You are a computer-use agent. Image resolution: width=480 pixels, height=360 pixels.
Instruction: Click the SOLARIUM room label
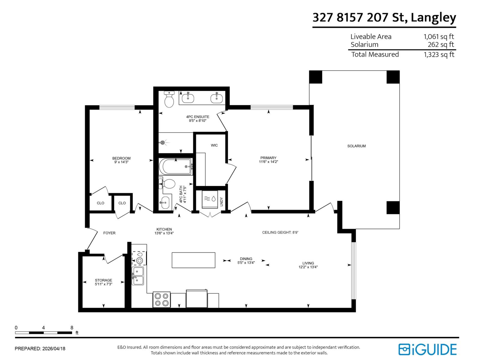pyautogui.click(x=356, y=146)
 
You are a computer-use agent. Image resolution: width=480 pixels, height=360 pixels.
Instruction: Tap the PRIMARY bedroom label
pyautogui.click(x=268, y=158)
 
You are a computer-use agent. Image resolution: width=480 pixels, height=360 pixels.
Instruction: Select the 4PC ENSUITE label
pyautogui.click(x=197, y=117)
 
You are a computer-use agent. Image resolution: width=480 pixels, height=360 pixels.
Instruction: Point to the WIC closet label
pyautogui.click(x=214, y=145)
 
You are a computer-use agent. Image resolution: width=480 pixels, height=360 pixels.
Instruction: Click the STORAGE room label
pyautogui.click(x=103, y=280)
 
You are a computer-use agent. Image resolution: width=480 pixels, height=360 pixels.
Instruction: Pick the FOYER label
pyautogui.click(x=109, y=233)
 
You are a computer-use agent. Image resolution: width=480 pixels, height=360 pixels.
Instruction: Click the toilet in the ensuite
pyautogui.click(x=169, y=100)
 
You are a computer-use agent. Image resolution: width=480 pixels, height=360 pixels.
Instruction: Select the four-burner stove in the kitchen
pyautogui.click(x=161, y=299)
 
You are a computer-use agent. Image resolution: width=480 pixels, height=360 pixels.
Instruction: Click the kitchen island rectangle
pyautogui.click(x=193, y=260)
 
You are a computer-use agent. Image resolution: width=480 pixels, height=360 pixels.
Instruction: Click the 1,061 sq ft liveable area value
pyautogui.click(x=439, y=37)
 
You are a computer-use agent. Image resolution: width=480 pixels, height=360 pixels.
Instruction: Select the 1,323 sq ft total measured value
pyautogui.click(x=439, y=55)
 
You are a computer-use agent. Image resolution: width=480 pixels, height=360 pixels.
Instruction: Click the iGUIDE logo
pyautogui.click(x=427, y=349)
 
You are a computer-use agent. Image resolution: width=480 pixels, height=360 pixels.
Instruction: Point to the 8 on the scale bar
pyautogui.click(x=72, y=328)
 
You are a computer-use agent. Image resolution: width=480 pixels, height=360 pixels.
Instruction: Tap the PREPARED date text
pyautogui.click(x=40, y=349)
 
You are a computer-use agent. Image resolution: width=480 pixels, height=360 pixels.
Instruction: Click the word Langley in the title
pyautogui.click(x=433, y=17)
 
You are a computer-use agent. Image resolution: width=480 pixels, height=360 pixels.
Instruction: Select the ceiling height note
pyautogui.click(x=280, y=232)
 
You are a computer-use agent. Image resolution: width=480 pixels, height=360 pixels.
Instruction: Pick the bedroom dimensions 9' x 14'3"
pyautogui.click(x=121, y=162)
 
